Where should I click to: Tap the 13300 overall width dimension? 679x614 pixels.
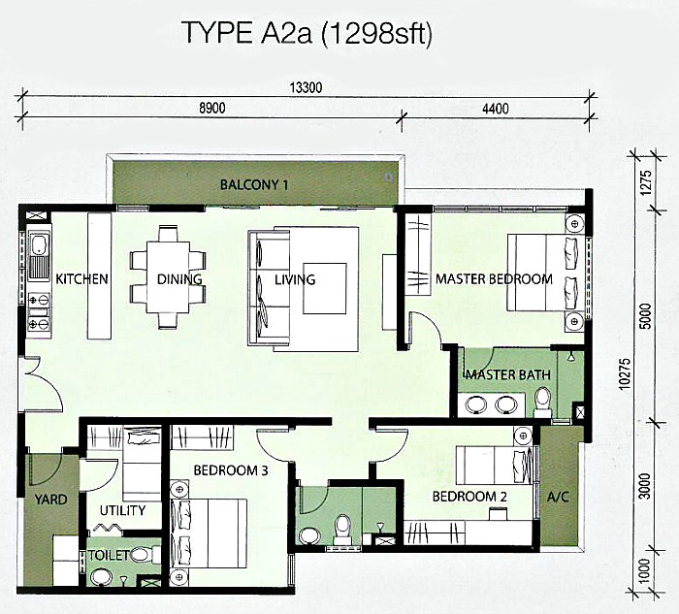coord(306,88)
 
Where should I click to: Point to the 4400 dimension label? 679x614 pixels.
coord(495,109)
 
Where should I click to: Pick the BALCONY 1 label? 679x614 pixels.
coord(253,184)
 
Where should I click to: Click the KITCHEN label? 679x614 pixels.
coord(81,279)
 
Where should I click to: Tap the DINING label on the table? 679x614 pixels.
coord(179,279)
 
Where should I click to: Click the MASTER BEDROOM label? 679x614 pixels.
coord(494,279)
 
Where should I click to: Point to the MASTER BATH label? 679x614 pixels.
coord(508,374)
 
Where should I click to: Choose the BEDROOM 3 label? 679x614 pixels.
coord(230,470)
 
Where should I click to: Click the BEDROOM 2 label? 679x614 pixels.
coord(470,496)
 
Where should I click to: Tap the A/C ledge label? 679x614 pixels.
coord(558,497)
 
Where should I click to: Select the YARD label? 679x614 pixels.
coord(50,500)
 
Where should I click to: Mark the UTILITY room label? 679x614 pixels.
coord(122,510)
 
